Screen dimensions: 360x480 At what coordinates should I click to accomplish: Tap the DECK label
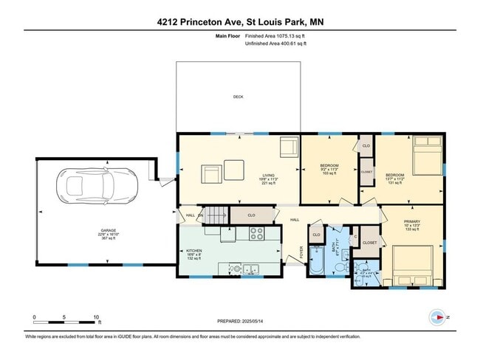coord(238,97)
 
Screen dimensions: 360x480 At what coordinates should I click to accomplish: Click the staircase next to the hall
coord(216,215)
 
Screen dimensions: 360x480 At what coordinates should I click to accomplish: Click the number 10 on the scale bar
coord(97,316)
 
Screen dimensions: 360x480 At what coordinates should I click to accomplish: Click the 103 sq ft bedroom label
coord(329,168)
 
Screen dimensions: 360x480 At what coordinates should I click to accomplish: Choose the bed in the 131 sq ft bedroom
coord(426,156)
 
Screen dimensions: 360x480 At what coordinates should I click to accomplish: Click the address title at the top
coord(239,21)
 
